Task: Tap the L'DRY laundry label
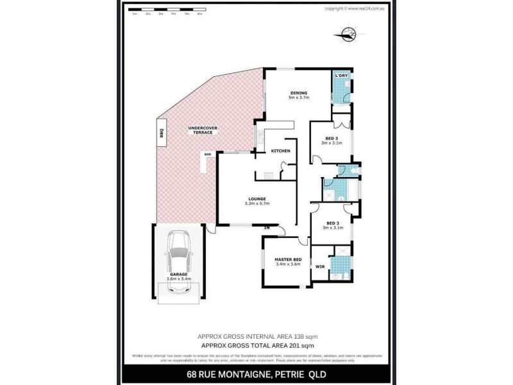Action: [x=342, y=76]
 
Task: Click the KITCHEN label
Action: [x=280, y=151]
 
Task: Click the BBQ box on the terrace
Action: [x=162, y=133]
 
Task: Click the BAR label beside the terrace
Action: [x=207, y=155]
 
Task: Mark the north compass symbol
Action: [x=348, y=35]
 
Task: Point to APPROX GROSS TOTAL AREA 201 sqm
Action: [x=256, y=346]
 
